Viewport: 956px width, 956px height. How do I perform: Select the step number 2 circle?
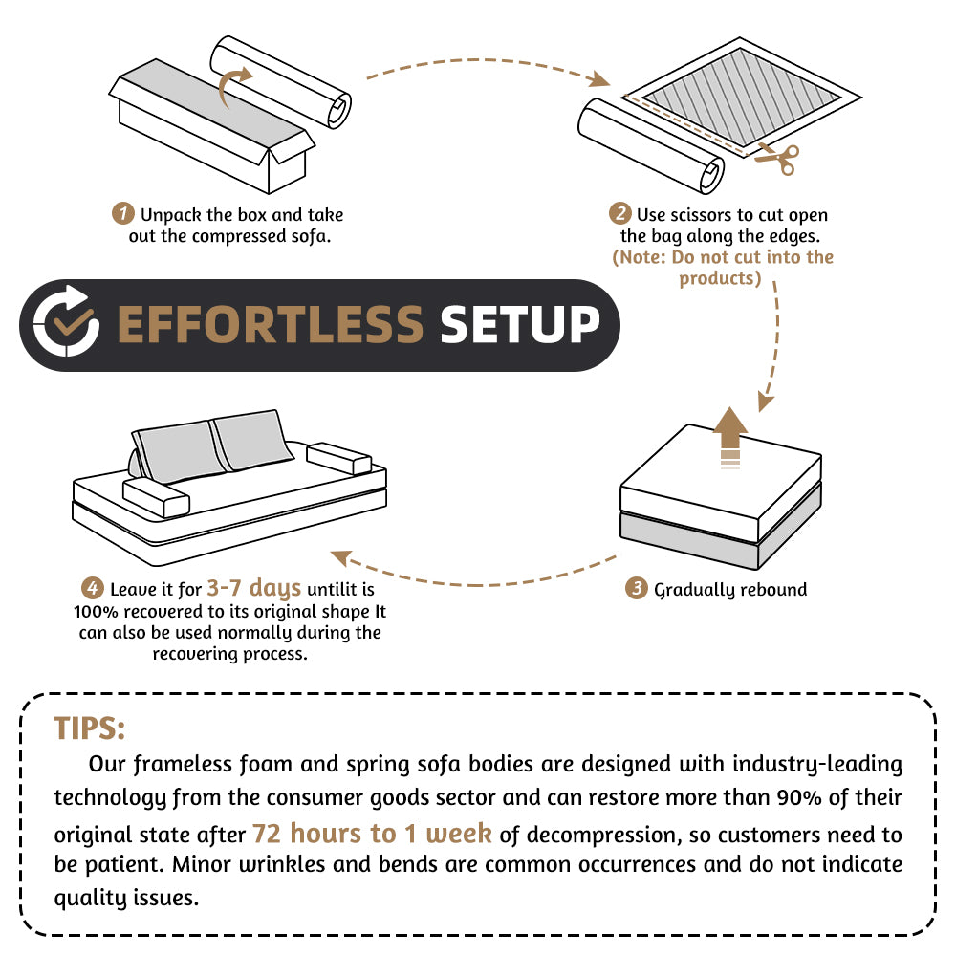coord(620,213)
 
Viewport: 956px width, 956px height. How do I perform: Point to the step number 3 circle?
coord(637,589)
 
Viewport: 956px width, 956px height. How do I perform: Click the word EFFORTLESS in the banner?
coord(270,325)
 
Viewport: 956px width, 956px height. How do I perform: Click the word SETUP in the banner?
coord(519,325)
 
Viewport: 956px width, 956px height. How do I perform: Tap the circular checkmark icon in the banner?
coord(64,325)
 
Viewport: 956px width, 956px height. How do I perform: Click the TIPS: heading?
coord(89,728)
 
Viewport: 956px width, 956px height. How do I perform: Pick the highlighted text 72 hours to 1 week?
coord(372,834)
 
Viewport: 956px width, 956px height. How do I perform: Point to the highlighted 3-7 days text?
coord(253,588)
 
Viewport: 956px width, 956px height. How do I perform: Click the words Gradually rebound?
coord(730,590)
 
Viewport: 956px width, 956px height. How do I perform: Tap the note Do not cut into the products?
coord(722,268)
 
